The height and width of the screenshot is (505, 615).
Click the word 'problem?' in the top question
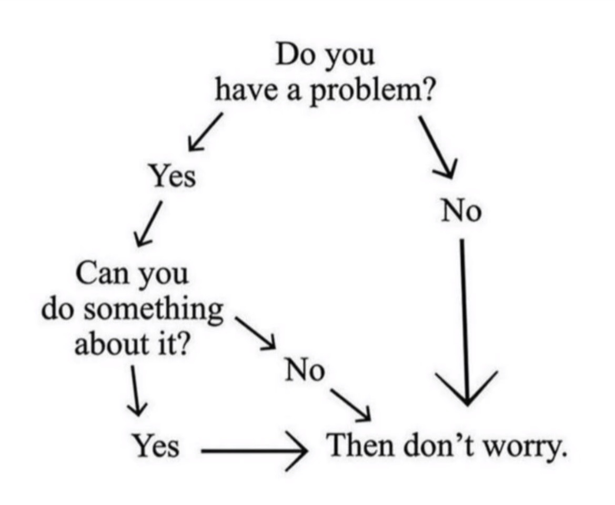tap(372, 92)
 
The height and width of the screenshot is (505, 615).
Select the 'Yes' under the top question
tap(173, 176)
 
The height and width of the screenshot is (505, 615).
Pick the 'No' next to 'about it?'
tap(305, 370)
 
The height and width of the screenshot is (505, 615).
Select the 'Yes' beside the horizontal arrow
tap(156, 446)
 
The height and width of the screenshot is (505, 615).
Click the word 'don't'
tap(438, 445)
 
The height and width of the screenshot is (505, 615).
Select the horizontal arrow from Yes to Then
tap(254, 451)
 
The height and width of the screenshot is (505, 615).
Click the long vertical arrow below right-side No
tap(465, 321)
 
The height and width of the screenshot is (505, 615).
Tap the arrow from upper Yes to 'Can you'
tap(148, 224)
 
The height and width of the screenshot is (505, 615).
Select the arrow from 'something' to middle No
tap(255, 333)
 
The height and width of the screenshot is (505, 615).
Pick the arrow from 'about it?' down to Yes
tap(135, 390)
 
